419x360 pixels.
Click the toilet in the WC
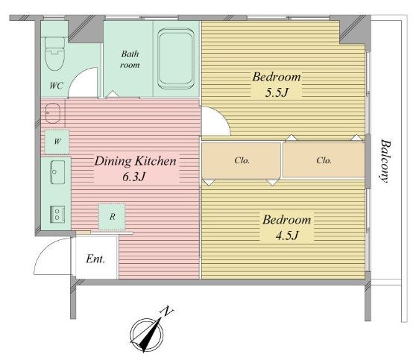pyautogui.click(x=54, y=54)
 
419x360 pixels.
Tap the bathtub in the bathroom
pyautogui.click(x=176, y=59)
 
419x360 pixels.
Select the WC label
pyautogui.click(x=57, y=86)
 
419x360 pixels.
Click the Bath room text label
pyautogui.click(x=130, y=60)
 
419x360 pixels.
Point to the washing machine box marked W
pyautogui.click(x=57, y=142)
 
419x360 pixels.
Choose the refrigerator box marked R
pyautogui.click(x=112, y=217)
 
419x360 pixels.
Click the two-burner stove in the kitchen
pyautogui.click(x=57, y=214)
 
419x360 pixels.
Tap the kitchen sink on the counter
pyautogui.click(x=57, y=172)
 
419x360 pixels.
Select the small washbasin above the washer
pyautogui.click(x=53, y=113)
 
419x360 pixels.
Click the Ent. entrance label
pyautogui.click(x=95, y=259)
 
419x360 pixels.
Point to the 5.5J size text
pyautogui.click(x=277, y=92)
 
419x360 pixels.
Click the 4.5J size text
pyautogui.click(x=287, y=236)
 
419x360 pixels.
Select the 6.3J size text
pyautogui.click(x=133, y=177)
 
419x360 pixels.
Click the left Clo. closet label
pyautogui.click(x=242, y=160)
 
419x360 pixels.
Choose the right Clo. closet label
pyautogui.click(x=324, y=160)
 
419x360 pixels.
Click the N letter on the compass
pyautogui.click(x=167, y=311)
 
